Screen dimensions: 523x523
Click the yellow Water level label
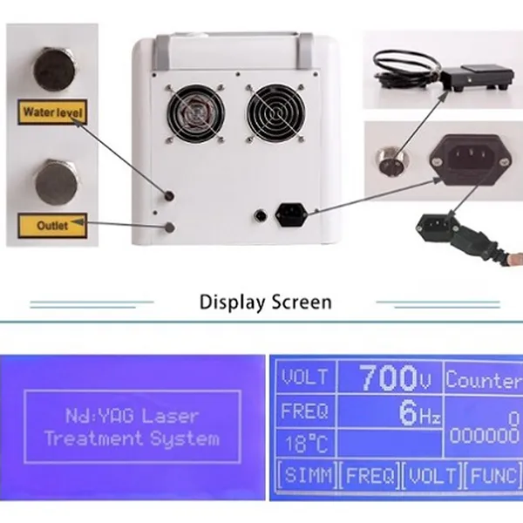52,112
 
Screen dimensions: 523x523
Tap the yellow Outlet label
52,226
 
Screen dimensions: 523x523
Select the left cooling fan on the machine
195,113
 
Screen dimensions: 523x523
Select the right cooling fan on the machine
275,113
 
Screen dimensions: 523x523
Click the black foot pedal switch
477,77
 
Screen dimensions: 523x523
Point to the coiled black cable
406,69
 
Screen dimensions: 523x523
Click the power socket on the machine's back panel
290,214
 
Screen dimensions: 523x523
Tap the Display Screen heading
266,302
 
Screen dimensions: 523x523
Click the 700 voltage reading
388,377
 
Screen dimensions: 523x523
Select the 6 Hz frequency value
419,412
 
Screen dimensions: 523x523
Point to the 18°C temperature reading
307,444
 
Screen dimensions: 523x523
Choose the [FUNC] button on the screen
493,475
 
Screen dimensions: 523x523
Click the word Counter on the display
484,380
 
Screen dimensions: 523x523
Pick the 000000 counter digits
485,435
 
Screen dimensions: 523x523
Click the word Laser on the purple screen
170,417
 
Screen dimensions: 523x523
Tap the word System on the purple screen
185,438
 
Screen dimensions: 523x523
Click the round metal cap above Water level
54,70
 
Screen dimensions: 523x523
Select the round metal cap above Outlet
57,182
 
